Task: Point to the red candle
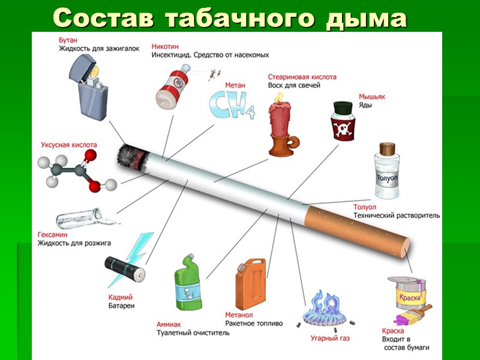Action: [x=280, y=123]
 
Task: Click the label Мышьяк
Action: [x=371, y=95]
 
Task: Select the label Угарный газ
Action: [x=330, y=338]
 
